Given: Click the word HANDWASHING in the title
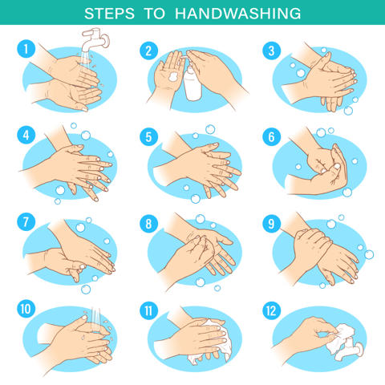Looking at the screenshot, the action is coord(238,14).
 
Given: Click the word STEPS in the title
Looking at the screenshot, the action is coord(109,14).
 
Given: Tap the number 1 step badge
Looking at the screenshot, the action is coord(26,49).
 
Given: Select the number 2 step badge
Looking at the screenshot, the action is coord(148,51).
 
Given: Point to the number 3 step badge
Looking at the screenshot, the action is coord(271,51).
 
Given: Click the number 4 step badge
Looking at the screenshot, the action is coord(26,135).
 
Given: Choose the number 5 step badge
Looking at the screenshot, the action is coord(148,137).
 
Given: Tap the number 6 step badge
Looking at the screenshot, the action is coord(271,137).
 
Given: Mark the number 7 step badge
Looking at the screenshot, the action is coord(26,222).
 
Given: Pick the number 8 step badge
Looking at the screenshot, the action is coord(148,224).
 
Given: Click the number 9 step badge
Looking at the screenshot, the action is coord(271,224).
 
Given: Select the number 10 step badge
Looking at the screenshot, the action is coord(26,309).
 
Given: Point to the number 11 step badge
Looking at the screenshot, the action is coord(148,310).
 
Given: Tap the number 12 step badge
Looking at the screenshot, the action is coord(271,310).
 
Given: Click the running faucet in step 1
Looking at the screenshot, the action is coord(94,39).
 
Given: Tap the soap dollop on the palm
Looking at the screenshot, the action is coord(173,77).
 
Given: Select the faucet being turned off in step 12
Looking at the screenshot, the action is coord(351,348).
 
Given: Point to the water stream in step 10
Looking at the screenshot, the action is coord(95,320).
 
